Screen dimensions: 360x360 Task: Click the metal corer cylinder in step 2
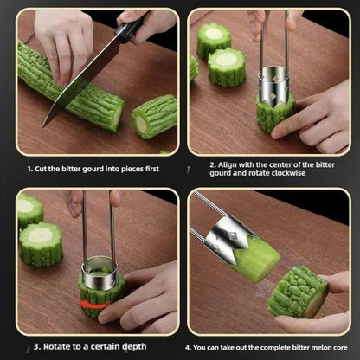(275, 87)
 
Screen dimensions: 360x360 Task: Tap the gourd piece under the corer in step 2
(275, 114)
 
